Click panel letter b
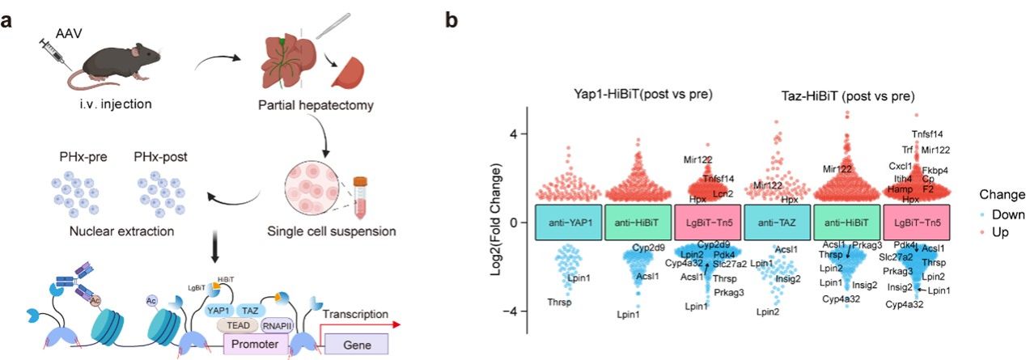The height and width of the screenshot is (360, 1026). (452, 19)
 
